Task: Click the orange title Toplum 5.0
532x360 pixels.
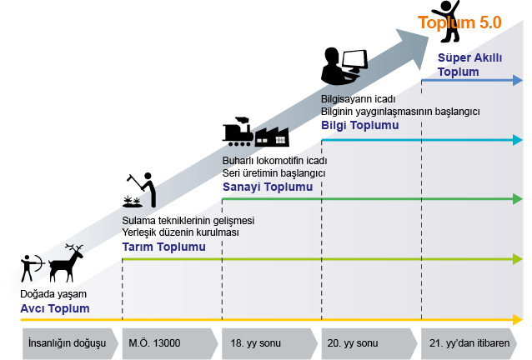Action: tap(459, 22)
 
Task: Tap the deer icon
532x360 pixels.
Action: tap(66, 262)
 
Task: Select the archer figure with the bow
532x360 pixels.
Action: tap(33, 267)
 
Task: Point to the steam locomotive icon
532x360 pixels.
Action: tap(238, 132)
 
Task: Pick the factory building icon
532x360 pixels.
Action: tap(272, 137)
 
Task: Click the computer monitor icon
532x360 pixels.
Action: tap(355, 61)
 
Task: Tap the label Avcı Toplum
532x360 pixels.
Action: tap(55, 308)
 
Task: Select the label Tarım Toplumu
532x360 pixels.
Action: tap(164, 247)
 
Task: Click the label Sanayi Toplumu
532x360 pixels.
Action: tap(268, 187)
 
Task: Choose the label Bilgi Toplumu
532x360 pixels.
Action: tap(360, 126)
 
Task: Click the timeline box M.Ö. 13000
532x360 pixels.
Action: tap(169, 343)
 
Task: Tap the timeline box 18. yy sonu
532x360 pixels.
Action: tap(269, 343)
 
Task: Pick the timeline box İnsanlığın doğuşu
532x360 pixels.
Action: tap(70, 343)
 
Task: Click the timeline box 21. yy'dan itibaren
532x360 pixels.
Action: tap(469, 343)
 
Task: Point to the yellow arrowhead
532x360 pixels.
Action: tap(518, 319)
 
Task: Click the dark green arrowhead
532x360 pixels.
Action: tap(518, 199)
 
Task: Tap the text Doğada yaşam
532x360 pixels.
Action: tap(53, 294)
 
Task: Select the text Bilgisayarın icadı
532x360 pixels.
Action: tap(359, 99)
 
